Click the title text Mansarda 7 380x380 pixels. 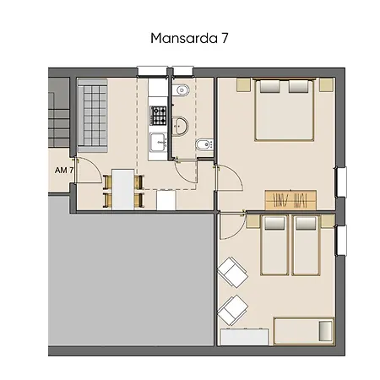tap(190, 38)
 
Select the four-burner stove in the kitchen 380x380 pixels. tap(159, 114)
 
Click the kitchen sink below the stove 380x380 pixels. tap(158, 142)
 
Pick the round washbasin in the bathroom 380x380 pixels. tap(181, 125)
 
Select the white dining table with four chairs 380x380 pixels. tap(123, 189)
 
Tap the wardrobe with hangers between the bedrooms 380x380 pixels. tap(290, 200)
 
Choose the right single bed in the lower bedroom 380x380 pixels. tap(305, 245)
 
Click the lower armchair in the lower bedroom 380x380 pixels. tap(233, 309)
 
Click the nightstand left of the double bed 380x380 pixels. tap(242, 84)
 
